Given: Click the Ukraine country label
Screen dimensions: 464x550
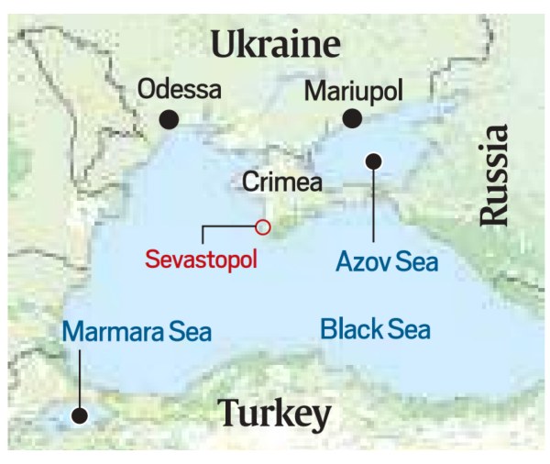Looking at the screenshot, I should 275,43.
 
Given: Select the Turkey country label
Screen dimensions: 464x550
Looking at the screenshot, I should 275,414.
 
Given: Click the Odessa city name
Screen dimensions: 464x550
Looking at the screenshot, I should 180,90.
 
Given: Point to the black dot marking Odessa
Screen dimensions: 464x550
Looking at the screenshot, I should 168,119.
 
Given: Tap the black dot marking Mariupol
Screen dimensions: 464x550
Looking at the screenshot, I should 351,118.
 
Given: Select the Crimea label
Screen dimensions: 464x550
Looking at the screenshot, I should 282,182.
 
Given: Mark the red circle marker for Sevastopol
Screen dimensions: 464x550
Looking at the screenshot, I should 263,226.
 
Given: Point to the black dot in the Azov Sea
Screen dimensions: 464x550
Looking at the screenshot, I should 373,161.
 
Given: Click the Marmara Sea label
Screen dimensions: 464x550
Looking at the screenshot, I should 137,331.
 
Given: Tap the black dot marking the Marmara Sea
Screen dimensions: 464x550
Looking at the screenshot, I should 80,415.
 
